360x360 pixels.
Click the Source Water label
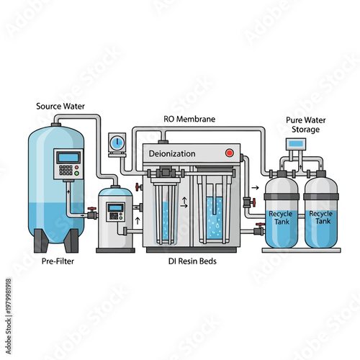click(60, 107)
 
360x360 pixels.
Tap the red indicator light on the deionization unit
click(229, 153)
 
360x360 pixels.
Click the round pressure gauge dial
click(115, 142)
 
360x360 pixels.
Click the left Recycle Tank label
click(280, 218)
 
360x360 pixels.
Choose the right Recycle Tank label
click(320, 218)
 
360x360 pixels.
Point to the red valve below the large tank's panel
click(92, 213)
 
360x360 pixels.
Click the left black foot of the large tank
click(43, 239)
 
